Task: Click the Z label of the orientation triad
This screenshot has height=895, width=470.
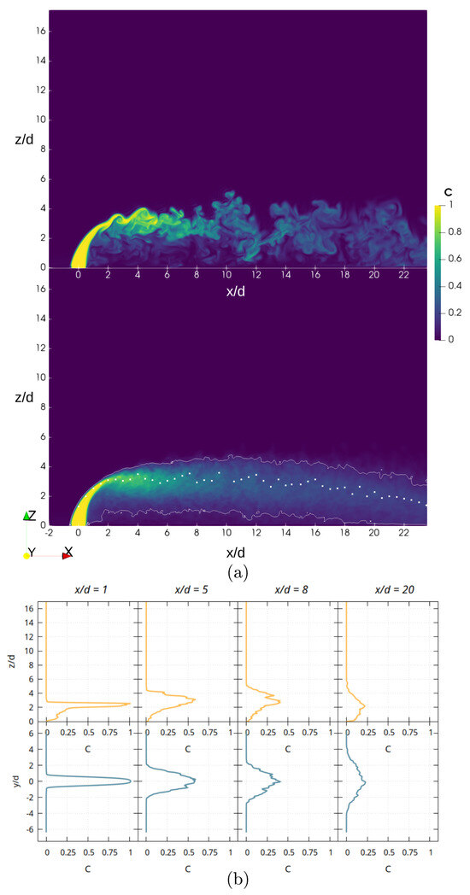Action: [x=32, y=515]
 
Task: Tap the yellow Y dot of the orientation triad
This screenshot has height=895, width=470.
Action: [x=27, y=556]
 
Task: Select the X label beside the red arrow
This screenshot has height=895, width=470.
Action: [x=68, y=552]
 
